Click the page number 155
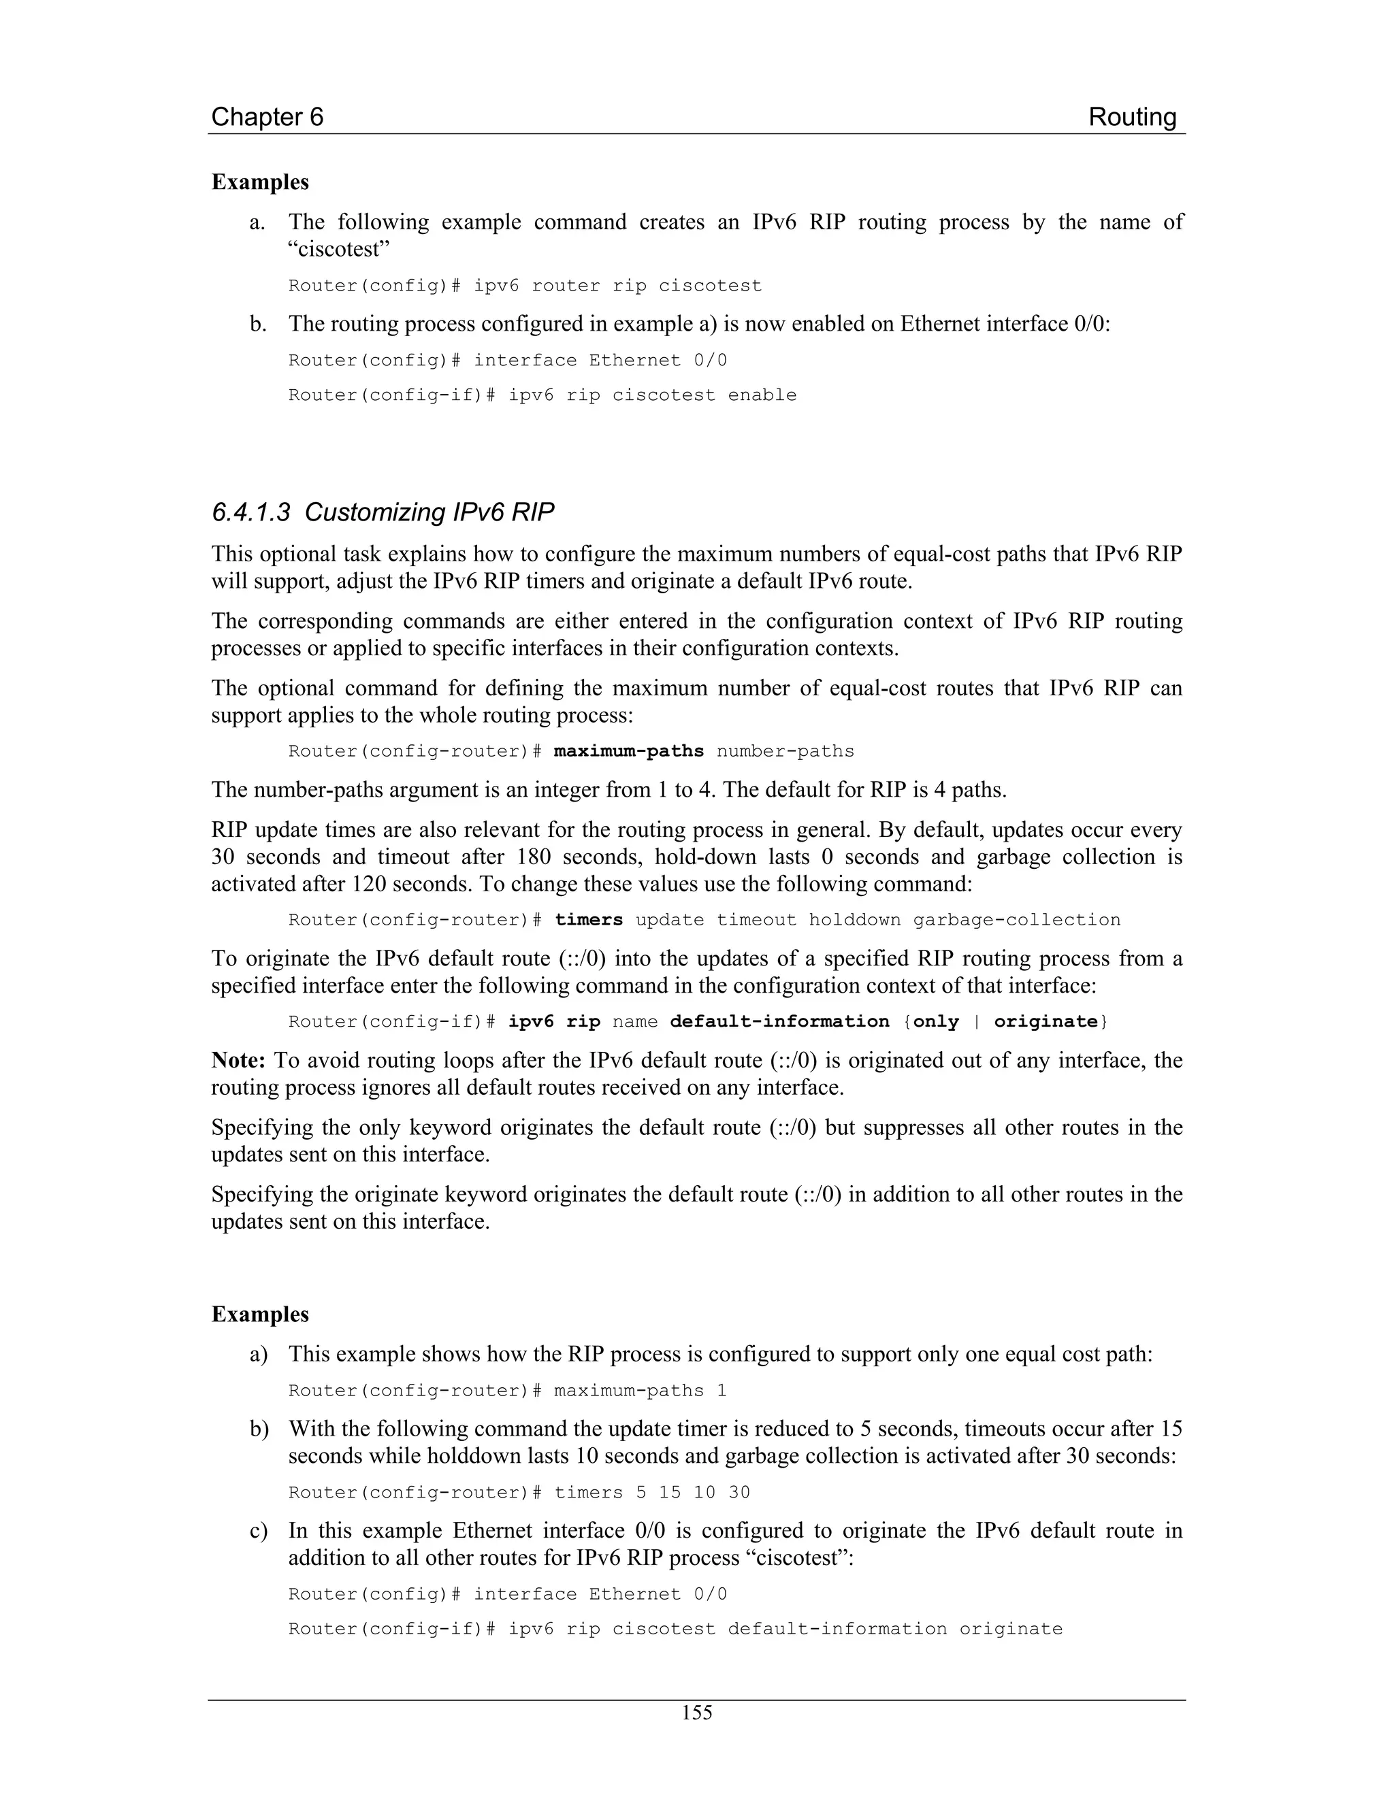(696, 1713)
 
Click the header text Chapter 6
(268, 117)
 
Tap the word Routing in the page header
(1131, 117)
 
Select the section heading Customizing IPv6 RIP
(383, 513)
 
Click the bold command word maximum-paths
(628, 751)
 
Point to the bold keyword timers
(588, 920)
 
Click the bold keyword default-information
(779, 1021)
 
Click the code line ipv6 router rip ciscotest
(524, 286)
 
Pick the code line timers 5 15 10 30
(519, 1492)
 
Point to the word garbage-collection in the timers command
(1017, 920)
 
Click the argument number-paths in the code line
(785, 751)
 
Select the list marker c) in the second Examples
(259, 1531)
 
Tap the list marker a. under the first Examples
(258, 222)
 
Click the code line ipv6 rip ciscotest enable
(542, 395)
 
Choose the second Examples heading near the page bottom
(260, 1314)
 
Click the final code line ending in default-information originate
(675, 1629)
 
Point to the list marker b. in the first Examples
(258, 324)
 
